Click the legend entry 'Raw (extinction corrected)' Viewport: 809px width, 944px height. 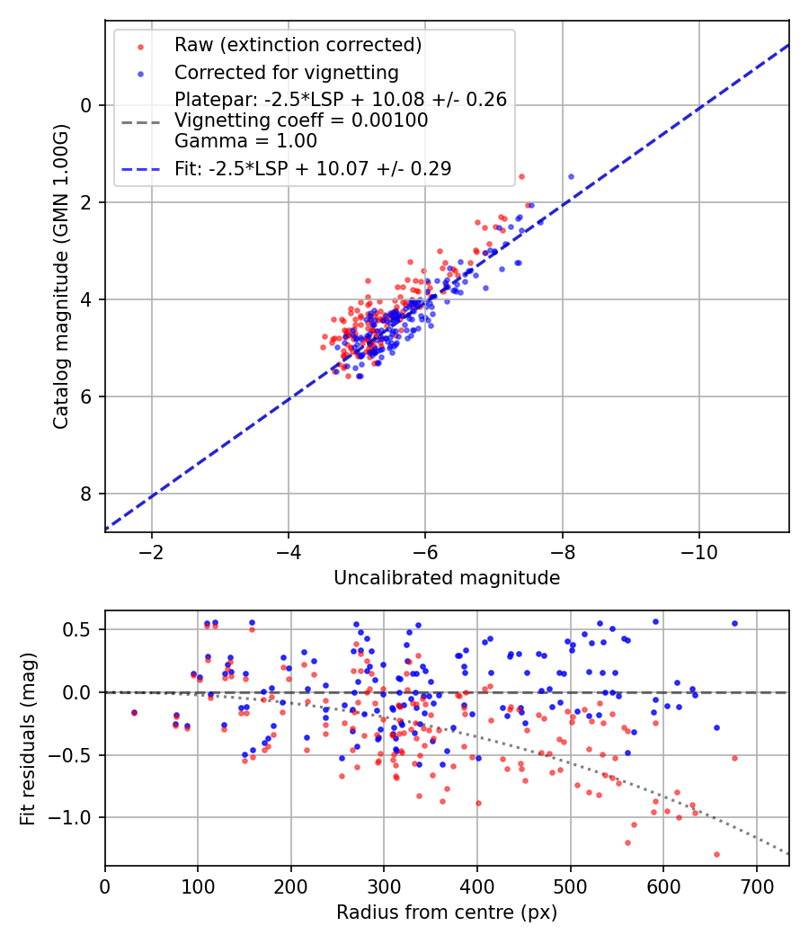298,45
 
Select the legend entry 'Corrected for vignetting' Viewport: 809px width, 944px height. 286,72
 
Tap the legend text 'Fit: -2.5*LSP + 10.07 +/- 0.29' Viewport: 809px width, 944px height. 313,168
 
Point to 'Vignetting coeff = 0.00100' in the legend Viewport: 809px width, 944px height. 301,120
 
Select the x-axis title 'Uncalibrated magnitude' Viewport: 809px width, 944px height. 447,578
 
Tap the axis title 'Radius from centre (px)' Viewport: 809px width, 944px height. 447,913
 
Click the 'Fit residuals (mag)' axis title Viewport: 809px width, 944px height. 28,738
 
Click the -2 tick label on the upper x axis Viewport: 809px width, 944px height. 152,550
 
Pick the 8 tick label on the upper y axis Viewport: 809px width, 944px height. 86,494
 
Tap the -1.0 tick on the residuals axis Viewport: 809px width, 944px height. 76,817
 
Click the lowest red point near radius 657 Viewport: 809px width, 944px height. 716,854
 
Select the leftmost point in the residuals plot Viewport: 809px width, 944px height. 134,712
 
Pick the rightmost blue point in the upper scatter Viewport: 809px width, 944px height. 571,176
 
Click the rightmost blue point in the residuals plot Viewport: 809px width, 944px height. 734,623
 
